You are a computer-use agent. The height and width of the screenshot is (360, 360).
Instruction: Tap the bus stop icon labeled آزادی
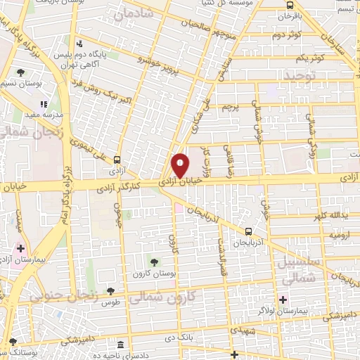click(x=117, y=159)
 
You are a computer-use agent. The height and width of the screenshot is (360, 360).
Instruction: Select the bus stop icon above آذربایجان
click(x=248, y=231)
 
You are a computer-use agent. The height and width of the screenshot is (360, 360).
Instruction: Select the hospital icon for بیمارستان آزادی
click(x=20, y=248)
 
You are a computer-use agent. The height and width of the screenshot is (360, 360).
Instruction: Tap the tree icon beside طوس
click(x=110, y=292)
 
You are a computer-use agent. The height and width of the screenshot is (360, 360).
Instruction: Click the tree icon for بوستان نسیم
click(x=21, y=72)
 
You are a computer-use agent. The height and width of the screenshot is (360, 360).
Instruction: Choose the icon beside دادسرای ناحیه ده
click(x=122, y=346)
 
